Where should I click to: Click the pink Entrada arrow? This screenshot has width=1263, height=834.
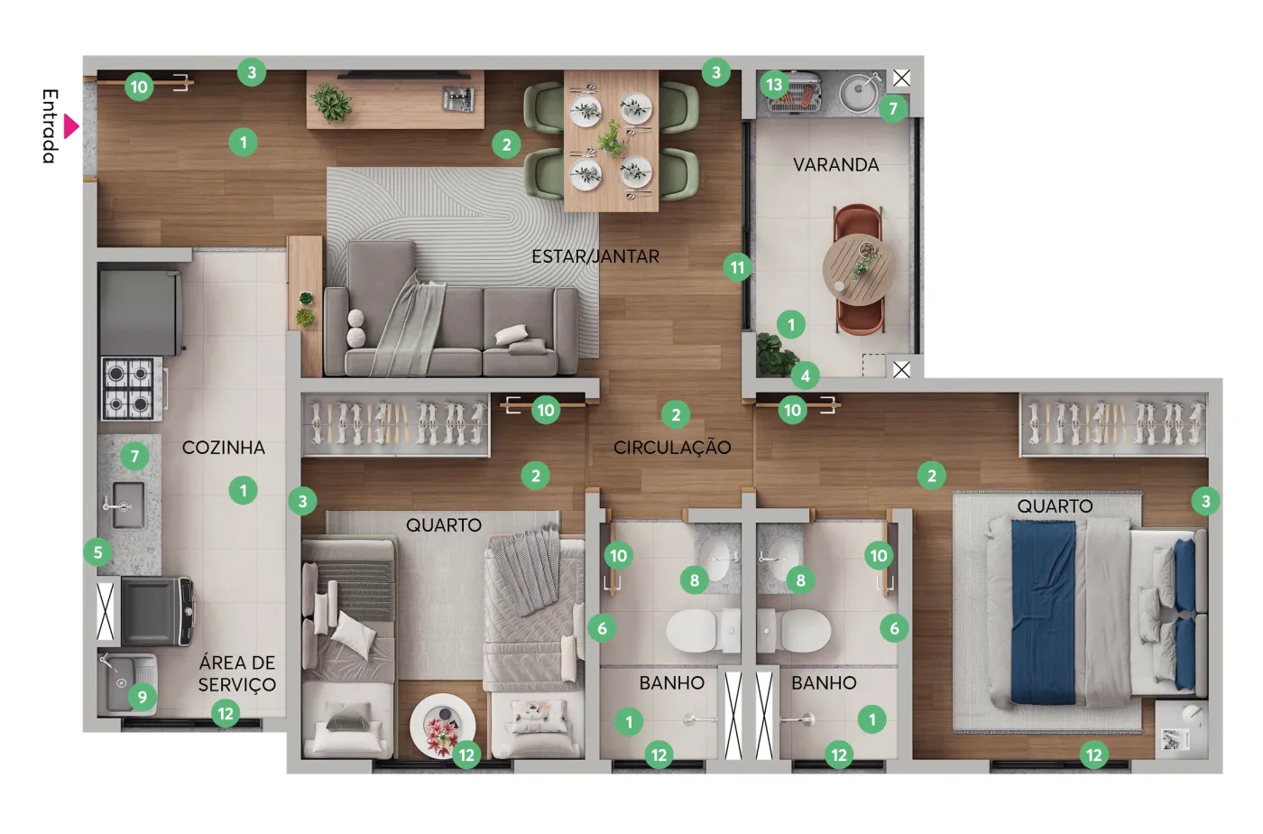(x=70, y=126)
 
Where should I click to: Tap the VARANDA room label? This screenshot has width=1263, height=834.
(x=835, y=165)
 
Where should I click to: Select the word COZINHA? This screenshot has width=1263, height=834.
(x=224, y=448)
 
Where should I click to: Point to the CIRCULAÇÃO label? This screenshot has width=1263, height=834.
(x=672, y=447)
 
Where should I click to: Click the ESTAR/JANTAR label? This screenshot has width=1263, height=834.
(x=595, y=256)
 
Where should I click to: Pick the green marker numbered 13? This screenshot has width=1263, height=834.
(x=774, y=85)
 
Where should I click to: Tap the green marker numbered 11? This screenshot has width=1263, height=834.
(x=738, y=267)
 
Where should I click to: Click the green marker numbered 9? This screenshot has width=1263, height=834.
(x=143, y=698)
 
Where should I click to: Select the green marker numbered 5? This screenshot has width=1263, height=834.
(x=97, y=552)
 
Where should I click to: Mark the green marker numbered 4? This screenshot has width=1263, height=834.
(x=805, y=375)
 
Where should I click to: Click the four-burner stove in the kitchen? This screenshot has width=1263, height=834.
(x=132, y=389)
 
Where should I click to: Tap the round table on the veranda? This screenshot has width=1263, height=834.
(x=858, y=270)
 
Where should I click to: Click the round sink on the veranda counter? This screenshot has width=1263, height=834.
(x=858, y=91)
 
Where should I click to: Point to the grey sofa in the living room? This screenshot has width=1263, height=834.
(x=451, y=310)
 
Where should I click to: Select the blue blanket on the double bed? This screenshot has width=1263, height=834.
(x=1043, y=612)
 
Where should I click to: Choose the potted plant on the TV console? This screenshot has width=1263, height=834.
(x=331, y=103)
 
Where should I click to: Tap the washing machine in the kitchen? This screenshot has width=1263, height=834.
(x=158, y=611)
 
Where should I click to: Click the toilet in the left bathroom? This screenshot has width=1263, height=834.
(x=703, y=630)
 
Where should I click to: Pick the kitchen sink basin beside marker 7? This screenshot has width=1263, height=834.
(x=128, y=505)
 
